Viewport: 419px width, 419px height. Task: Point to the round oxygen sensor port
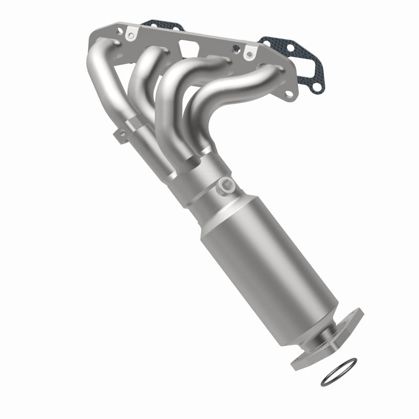click(227, 184)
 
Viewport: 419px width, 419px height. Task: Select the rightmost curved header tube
click(246, 89)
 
